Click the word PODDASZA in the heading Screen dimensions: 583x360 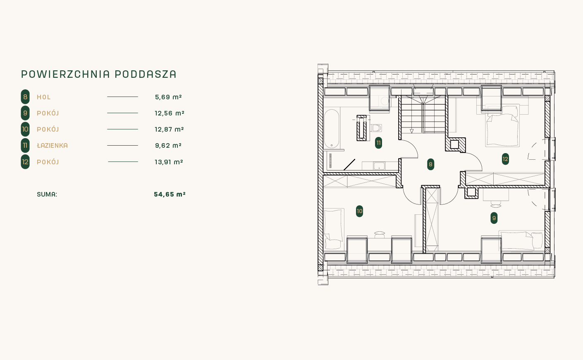coord(146,74)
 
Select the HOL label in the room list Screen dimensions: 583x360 coord(44,97)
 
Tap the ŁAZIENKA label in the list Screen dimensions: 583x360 coord(53,145)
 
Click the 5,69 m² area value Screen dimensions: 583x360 coord(168,97)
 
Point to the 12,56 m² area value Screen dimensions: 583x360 coord(170,113)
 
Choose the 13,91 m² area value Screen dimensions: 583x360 coord(169,162)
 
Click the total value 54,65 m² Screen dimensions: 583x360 coord(170,194)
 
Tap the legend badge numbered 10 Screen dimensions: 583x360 coord(25,129)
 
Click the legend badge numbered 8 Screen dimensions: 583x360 coord(25,97)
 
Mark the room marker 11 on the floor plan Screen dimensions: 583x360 coord(378,143)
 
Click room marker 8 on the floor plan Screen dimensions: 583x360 coord(430,164)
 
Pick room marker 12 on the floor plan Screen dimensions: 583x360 coord(505,159)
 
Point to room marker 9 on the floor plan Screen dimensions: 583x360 coord(494,218)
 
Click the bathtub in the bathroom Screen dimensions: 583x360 coord(332,129)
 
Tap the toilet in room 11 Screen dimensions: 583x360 coord(376,128)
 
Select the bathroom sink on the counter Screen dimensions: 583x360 coord(379,166)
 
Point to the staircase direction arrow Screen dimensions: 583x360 coord(411,131)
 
